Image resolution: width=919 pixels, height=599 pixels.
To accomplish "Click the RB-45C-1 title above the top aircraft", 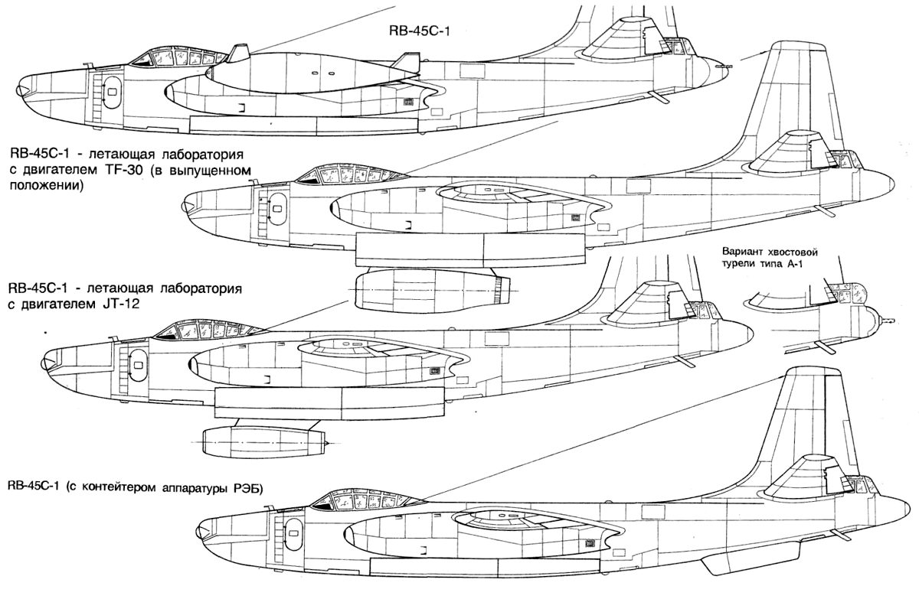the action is pos(420,31).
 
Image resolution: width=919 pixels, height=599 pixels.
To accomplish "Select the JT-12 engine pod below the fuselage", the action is pos(265,441).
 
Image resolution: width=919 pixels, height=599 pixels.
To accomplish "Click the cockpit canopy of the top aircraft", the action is pos(178,58).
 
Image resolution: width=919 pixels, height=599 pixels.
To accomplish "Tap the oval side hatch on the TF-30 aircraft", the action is pos(278,209).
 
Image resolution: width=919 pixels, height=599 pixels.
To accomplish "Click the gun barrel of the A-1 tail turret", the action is pos(890,321).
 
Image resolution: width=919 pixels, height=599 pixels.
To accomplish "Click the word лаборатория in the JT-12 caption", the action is pos(200,289).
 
